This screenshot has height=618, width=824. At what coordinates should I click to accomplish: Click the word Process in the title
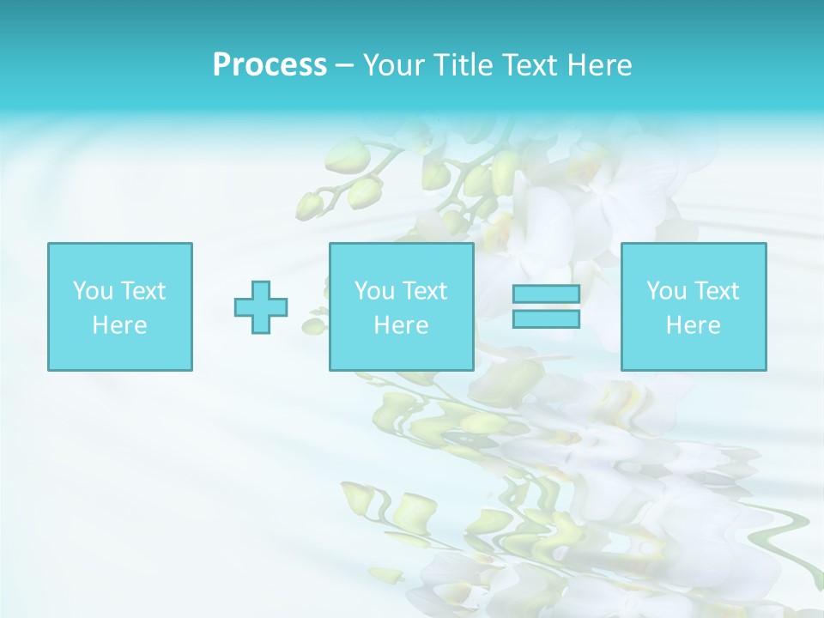coord(270,65)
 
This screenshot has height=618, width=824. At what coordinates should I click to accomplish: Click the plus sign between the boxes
coord(261,306)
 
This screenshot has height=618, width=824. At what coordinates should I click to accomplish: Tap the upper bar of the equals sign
coord(546,294)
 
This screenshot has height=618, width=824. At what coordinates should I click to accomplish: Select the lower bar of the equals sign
coord(546,318)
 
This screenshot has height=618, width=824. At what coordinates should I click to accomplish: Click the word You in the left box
coord(93,291)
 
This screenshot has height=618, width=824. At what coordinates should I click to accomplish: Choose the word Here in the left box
coord(119,325)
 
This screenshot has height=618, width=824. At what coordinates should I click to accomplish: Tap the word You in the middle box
coord(374,291)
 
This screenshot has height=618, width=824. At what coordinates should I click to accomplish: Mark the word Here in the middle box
coord(401,325)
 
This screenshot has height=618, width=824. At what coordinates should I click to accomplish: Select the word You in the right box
coord(666,291)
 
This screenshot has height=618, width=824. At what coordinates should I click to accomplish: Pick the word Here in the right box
coord(693,325)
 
